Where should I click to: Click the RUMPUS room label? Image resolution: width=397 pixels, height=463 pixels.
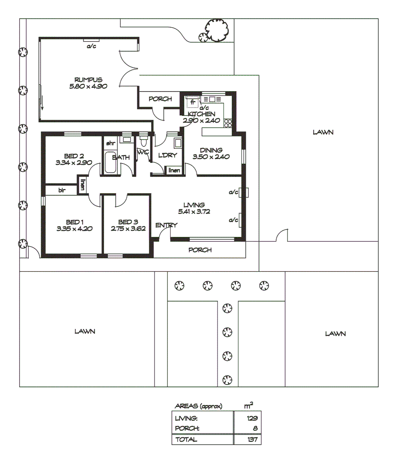point(88,80)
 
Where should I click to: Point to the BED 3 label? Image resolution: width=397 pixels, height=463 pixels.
point(128,222)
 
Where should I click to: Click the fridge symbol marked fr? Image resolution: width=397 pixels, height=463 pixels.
point(192,102)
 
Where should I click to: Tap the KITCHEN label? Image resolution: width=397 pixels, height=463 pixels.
point(202,114)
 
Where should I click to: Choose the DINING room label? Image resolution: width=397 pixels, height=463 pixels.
point(211,150)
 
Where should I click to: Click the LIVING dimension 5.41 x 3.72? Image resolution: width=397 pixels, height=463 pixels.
point(194,211)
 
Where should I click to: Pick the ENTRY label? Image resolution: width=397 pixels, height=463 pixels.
point(164,225)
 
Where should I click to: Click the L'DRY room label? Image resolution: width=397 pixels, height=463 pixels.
point(167,155)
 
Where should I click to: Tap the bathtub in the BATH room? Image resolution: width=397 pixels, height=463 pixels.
point(110,162)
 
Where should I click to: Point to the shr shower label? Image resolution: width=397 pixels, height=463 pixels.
point(110,143)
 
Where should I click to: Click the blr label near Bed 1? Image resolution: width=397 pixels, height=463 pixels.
point(62,189)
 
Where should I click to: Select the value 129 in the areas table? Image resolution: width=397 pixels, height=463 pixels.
point(252,418)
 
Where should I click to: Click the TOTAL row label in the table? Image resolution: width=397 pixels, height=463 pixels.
point(186,439)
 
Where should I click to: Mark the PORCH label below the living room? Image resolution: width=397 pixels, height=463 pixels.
point(200,250)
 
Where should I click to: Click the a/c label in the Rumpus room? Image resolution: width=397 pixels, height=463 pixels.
point(91,46)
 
